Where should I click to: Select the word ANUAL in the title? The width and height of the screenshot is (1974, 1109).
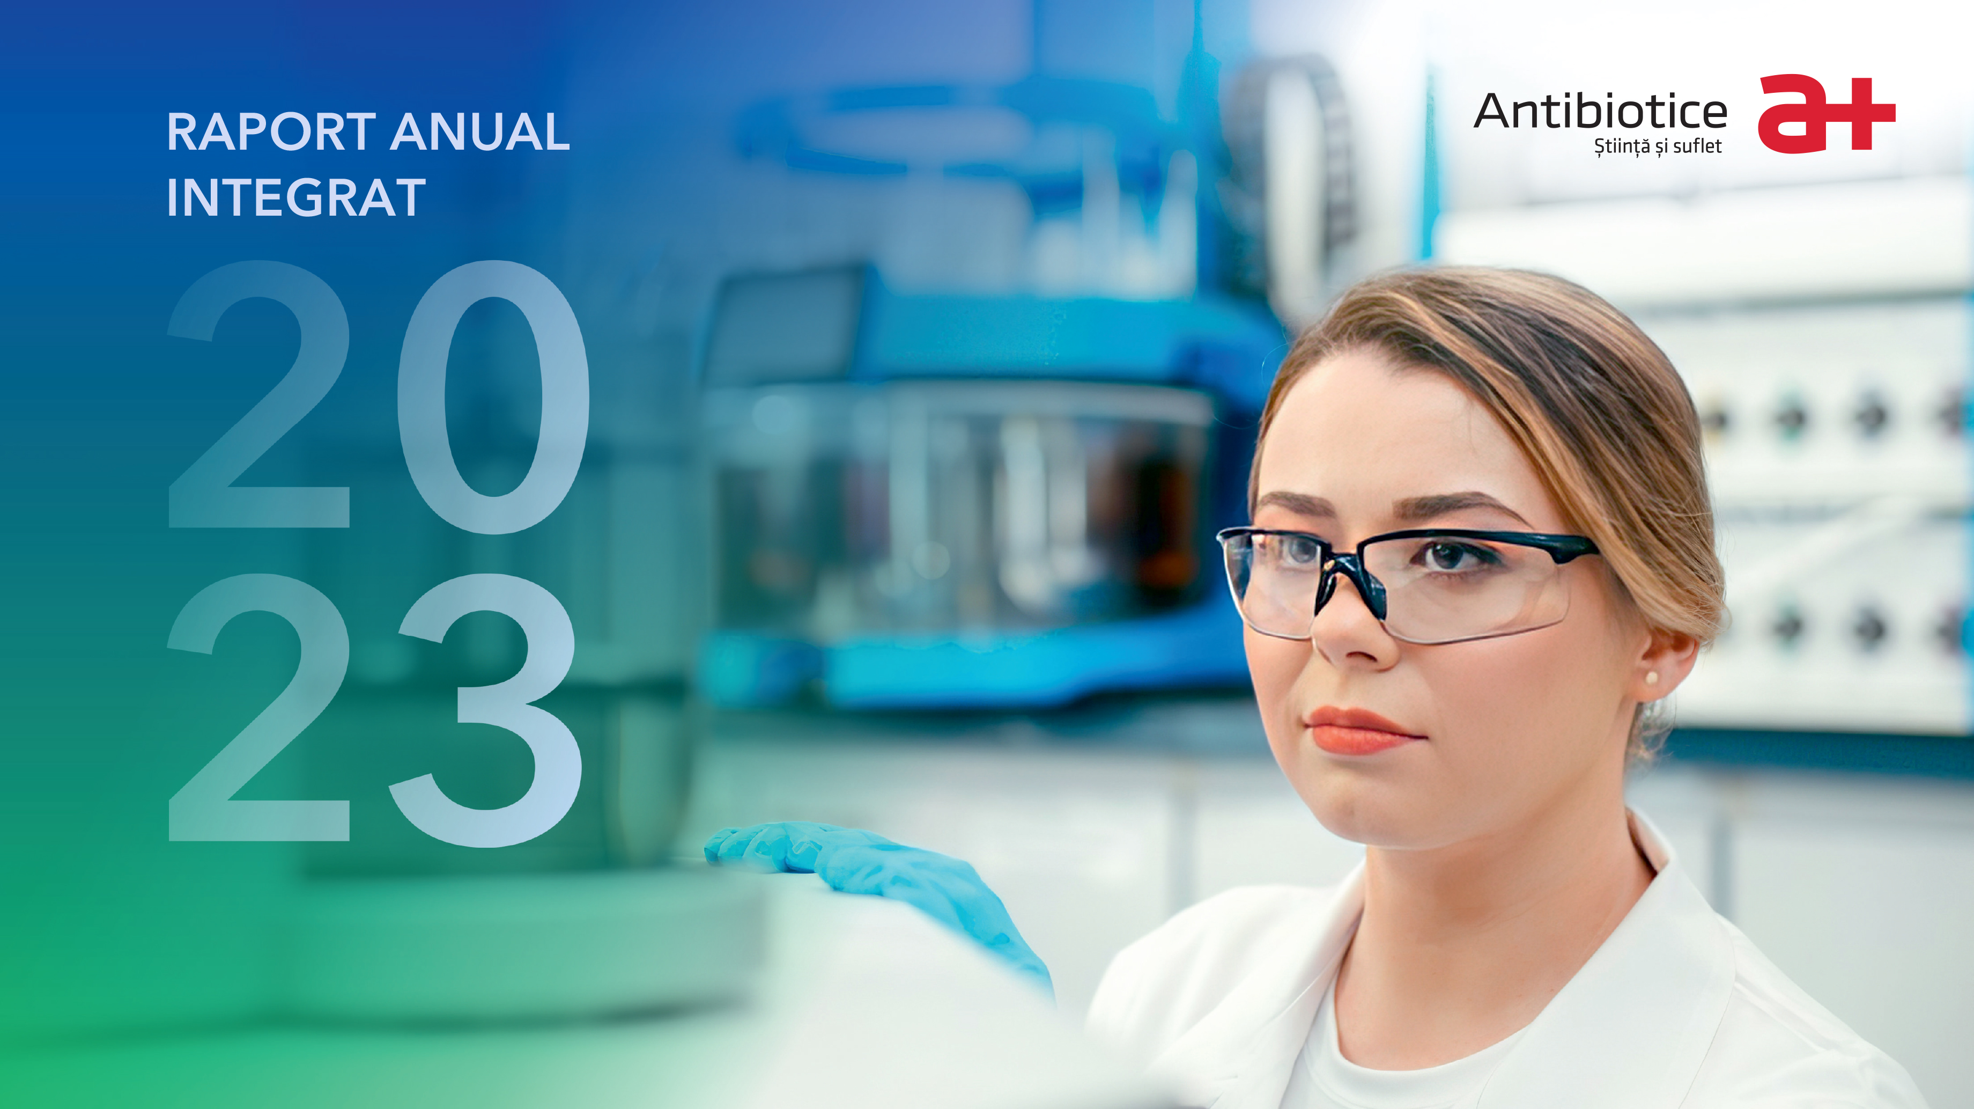click(x=480, y=132)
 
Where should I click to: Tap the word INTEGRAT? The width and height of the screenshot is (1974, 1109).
click(x=296, y=198)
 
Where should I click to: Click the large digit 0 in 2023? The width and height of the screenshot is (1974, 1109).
click(x=493, y=397)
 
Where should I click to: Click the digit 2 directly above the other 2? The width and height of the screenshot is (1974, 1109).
click(x=259, y=394)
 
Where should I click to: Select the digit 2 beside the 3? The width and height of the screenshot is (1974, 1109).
click(x=259, y=707)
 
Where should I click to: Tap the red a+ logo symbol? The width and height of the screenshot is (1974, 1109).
click(x=1826, y=113)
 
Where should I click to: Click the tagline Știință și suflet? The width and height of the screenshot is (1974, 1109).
click(x=1658, y=146)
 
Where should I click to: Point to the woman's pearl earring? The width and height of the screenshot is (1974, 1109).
click(x=1651, y=678)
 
